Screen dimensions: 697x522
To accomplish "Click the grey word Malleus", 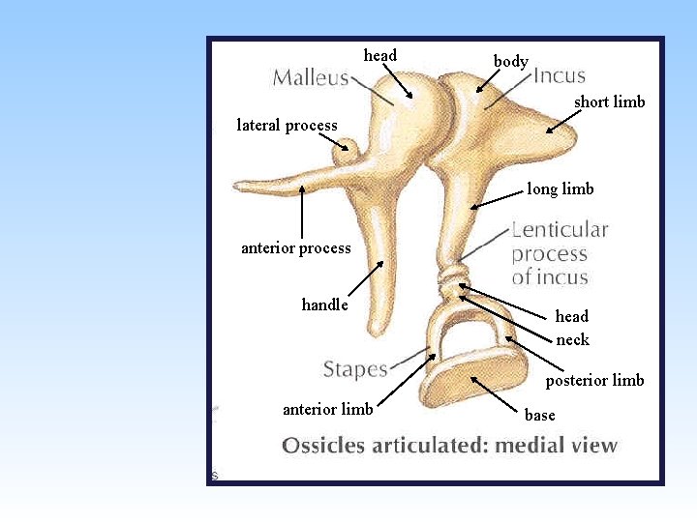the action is tap(310, 77).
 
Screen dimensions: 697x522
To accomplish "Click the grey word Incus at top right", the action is tap(560, 75).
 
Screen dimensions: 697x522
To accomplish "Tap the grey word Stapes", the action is tap(354, 369).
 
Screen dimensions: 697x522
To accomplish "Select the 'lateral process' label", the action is tap(287, 125).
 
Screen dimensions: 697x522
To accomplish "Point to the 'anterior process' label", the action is tap(295, 248).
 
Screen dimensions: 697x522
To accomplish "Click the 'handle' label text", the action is tap(324, 305).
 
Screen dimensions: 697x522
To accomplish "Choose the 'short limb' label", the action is tap(609, 102).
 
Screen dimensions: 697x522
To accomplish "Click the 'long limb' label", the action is tap(560, 189).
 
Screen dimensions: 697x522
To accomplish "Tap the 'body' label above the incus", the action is tap(510, 62).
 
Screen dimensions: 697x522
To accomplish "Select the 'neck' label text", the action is tap(572, 339).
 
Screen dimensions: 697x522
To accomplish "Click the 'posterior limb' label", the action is tap(594, 381).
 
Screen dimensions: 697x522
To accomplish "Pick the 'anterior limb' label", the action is tap(327, 409).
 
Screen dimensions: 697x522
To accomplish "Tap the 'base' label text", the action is tap(539, 416).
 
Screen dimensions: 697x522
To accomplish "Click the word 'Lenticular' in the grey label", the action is tap(560, 230).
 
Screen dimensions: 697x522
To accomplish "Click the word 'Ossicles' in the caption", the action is tap(322, 446).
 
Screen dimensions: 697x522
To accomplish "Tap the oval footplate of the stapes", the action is tap(471, 381).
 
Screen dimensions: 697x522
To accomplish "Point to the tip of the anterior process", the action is tap(238, 187).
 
